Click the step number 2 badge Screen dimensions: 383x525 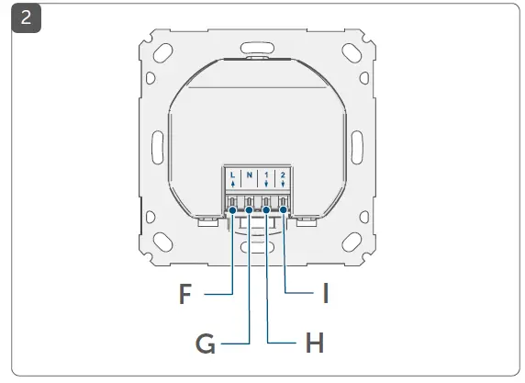[x=25, y=18]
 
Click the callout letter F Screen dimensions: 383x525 [x=185, y=295]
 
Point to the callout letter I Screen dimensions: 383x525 [x=325, y=295]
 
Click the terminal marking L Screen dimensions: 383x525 [x=232, y=175]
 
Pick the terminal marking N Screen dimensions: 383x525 [x=249, y=175]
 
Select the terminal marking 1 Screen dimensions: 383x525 [x=266, y=175]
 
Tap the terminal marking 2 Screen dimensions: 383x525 [x=283, y=175]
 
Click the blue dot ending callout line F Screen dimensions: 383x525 [x=232, y=210]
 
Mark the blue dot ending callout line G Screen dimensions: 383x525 [x=249, y=210]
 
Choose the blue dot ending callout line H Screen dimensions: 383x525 [x=266, y=210]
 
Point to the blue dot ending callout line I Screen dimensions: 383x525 [x=283, y=210]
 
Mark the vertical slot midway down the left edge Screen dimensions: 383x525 [x=155, y=145]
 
